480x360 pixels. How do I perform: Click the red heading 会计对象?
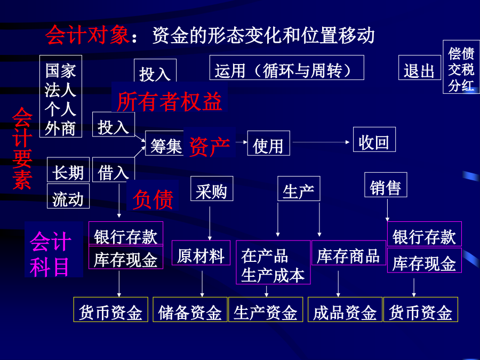[x=87, y=35]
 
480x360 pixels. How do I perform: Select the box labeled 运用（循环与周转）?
[x=287, y=68]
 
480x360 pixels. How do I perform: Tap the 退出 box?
[x=419, y=68]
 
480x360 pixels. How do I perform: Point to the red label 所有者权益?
[x=169, y=101]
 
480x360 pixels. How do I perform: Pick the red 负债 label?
[x=153, y=199]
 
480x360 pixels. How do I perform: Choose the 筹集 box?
[x=165, y=143]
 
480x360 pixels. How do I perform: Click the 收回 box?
[x=374, y=139]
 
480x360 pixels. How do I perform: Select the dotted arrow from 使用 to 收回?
[x=321, y=142]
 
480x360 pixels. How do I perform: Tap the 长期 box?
[x=68, y=170]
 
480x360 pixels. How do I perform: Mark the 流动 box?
[x=68, y=196]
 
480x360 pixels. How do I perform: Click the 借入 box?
[x=114, y=170]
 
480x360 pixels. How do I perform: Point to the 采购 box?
[x=212, y=189]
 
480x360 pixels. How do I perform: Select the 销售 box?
[x=386, y=185]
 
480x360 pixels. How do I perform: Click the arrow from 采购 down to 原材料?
[x=210, y=223]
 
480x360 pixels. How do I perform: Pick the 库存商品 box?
[x=349, y=253]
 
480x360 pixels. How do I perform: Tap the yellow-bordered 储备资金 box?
[x=190, y=309]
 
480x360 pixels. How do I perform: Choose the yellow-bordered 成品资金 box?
[x=345, y=309]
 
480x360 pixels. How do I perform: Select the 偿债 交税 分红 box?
[x=461, y=67]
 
